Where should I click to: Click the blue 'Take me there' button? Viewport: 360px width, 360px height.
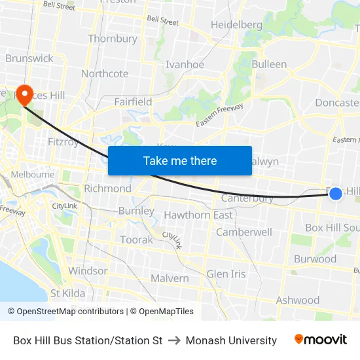tap(180, 160)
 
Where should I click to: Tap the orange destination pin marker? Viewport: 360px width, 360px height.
tap(25, 96)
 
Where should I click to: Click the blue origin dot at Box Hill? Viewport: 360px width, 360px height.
tap(335, 193)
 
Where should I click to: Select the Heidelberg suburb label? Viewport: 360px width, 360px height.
tap(236, 25)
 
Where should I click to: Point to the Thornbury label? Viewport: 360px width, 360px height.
tap(113, 39)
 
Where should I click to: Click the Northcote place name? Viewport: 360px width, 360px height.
tap(105, 73)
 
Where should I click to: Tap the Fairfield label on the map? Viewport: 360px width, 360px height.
tap(133, 101)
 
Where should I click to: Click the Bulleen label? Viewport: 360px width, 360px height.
tap(269, 64)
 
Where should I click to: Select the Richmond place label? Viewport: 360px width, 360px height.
tap(107, 189)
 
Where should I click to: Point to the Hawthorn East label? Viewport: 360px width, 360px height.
tap(198, 215)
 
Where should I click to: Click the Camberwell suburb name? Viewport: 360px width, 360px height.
tap(244, 232)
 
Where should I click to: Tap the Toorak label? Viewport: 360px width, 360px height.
tap(136, 240)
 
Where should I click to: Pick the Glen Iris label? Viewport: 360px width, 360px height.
tap(226, 274)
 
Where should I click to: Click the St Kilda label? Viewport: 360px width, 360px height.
tap(67, 293)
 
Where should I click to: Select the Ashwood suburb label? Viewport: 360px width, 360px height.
tap(298, 300)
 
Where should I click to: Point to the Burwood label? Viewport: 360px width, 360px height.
tap(315, 259)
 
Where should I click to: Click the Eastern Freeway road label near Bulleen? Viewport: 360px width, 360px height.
tap(219, 115)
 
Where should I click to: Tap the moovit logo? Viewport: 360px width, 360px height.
tap(321, 340)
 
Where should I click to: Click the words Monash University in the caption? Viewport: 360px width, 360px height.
tap(231, 340)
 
